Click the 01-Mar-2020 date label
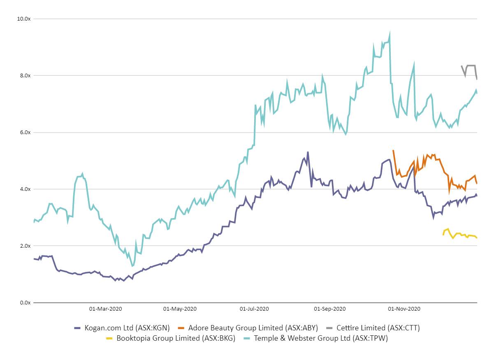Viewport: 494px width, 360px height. tap(105, 309)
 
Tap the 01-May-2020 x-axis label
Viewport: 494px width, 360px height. tap(180, 309)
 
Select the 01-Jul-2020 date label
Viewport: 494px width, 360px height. tap(254, 309)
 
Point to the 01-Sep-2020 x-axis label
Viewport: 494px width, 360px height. tap(329, 309)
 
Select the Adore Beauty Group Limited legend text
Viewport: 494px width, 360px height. tap(253, 328)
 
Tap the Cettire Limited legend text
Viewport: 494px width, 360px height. tap(378, 328)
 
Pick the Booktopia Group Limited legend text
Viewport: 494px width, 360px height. tap(176, 339)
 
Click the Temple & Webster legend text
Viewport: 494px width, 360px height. tap(321, 339)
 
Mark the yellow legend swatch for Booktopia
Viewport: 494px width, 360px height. tap(109, 339)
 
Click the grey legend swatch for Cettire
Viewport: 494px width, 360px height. tap(329, 328)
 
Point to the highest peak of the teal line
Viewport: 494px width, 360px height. tap(390, 33)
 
